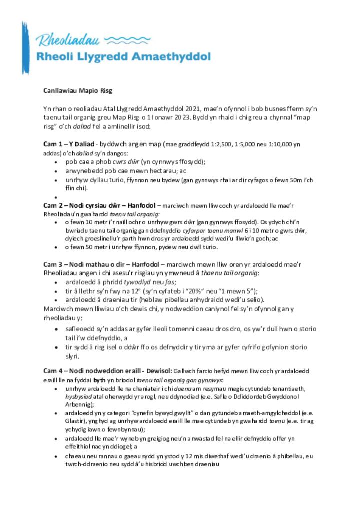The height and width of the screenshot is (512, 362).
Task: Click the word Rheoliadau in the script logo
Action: pos(67,40)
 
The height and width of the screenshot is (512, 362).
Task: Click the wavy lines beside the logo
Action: pos(129,39)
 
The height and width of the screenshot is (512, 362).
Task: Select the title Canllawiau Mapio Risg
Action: pos(78,91)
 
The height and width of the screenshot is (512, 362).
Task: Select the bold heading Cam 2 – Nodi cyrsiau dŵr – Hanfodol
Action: pos(99,205)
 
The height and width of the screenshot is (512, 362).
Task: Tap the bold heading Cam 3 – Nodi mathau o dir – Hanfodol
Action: pos(101,264)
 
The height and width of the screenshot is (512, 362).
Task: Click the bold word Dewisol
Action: pos(159,371)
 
